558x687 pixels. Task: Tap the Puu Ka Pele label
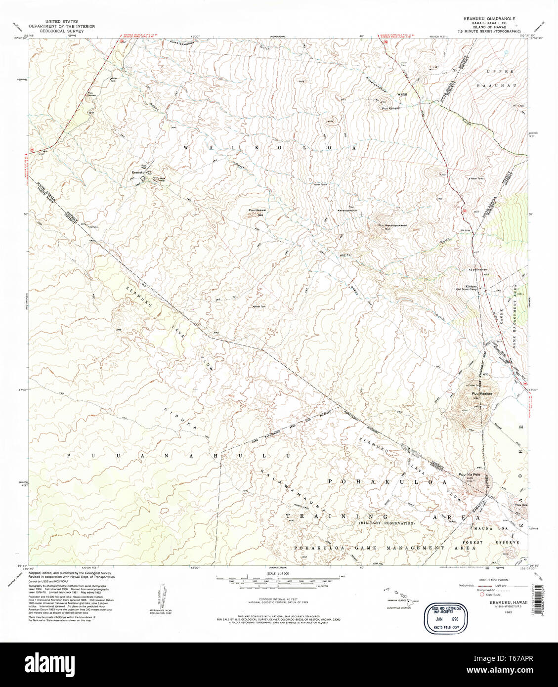pos(470,475)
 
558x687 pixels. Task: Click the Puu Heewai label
pos(256,211)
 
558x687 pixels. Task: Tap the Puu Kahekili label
pos(390,108)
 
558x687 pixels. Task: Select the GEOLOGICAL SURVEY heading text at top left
pos(62,31)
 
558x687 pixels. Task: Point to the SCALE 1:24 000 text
pos(278,573)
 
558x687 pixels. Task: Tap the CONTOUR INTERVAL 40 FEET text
pos(278,600)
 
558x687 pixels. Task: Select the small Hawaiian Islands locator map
pos(400,599)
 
